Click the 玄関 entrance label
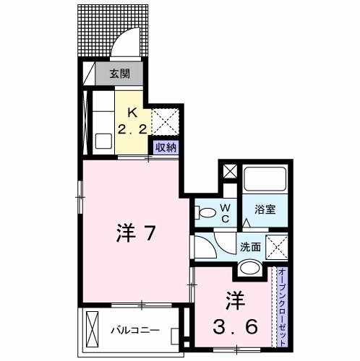(x=119, y=73)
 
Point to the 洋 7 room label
(x=137, y=232)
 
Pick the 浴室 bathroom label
(x=266, y=210)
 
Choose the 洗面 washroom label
(x=251, y=246)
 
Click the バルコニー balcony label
(x=135, y=331)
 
